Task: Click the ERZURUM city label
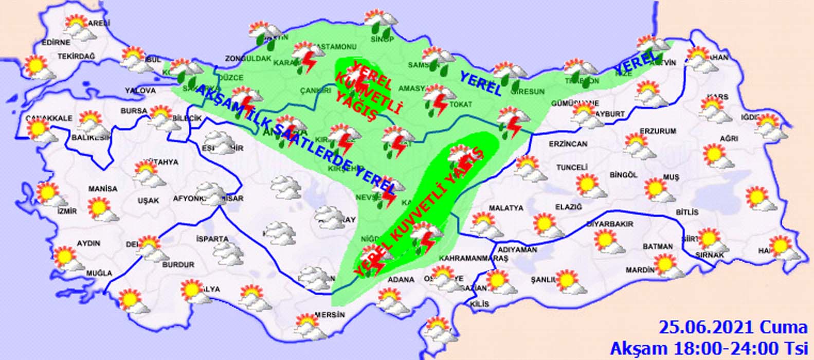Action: pyautogui.click(x=658, y=131)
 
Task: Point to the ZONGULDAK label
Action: pyautogui.click(x=248, y=59)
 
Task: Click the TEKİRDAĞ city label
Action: pyautogui.click(x=77, y=56)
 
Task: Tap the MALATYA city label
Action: pyautogui.click(x=491, y=208)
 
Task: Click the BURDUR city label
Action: pyautogui.click(x=178, y=265)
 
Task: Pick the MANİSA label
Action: pyautogui.click(x=102, y=189)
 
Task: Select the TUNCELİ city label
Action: pyautogui.click(x=572, y=168)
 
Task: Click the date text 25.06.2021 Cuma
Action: pyautogui.click(x=733, y=327)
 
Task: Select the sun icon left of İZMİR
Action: pyautogui.click(x=49, y=193)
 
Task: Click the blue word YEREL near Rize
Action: pyautogui.click(x=636, y=61)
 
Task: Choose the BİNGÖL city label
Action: pyautogui.click(x=623, y=175)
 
